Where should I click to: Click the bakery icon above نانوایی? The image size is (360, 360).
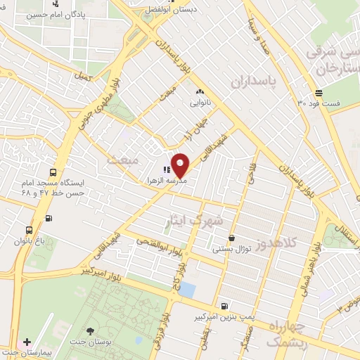[x=199, y=91]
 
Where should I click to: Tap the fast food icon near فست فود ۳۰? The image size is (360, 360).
[x=319, y=92]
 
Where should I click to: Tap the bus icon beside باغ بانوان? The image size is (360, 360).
[x=29, y=230]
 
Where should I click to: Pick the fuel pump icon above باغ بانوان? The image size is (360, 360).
[x=48, y=217]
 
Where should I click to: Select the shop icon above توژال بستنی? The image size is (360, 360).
[x=231, y=238]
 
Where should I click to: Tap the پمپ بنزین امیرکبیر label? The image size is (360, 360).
[x=224, y=317]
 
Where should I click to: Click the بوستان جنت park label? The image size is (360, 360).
[x=90, y=342]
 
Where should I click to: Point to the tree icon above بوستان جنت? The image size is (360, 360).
[x=90, y=330]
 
